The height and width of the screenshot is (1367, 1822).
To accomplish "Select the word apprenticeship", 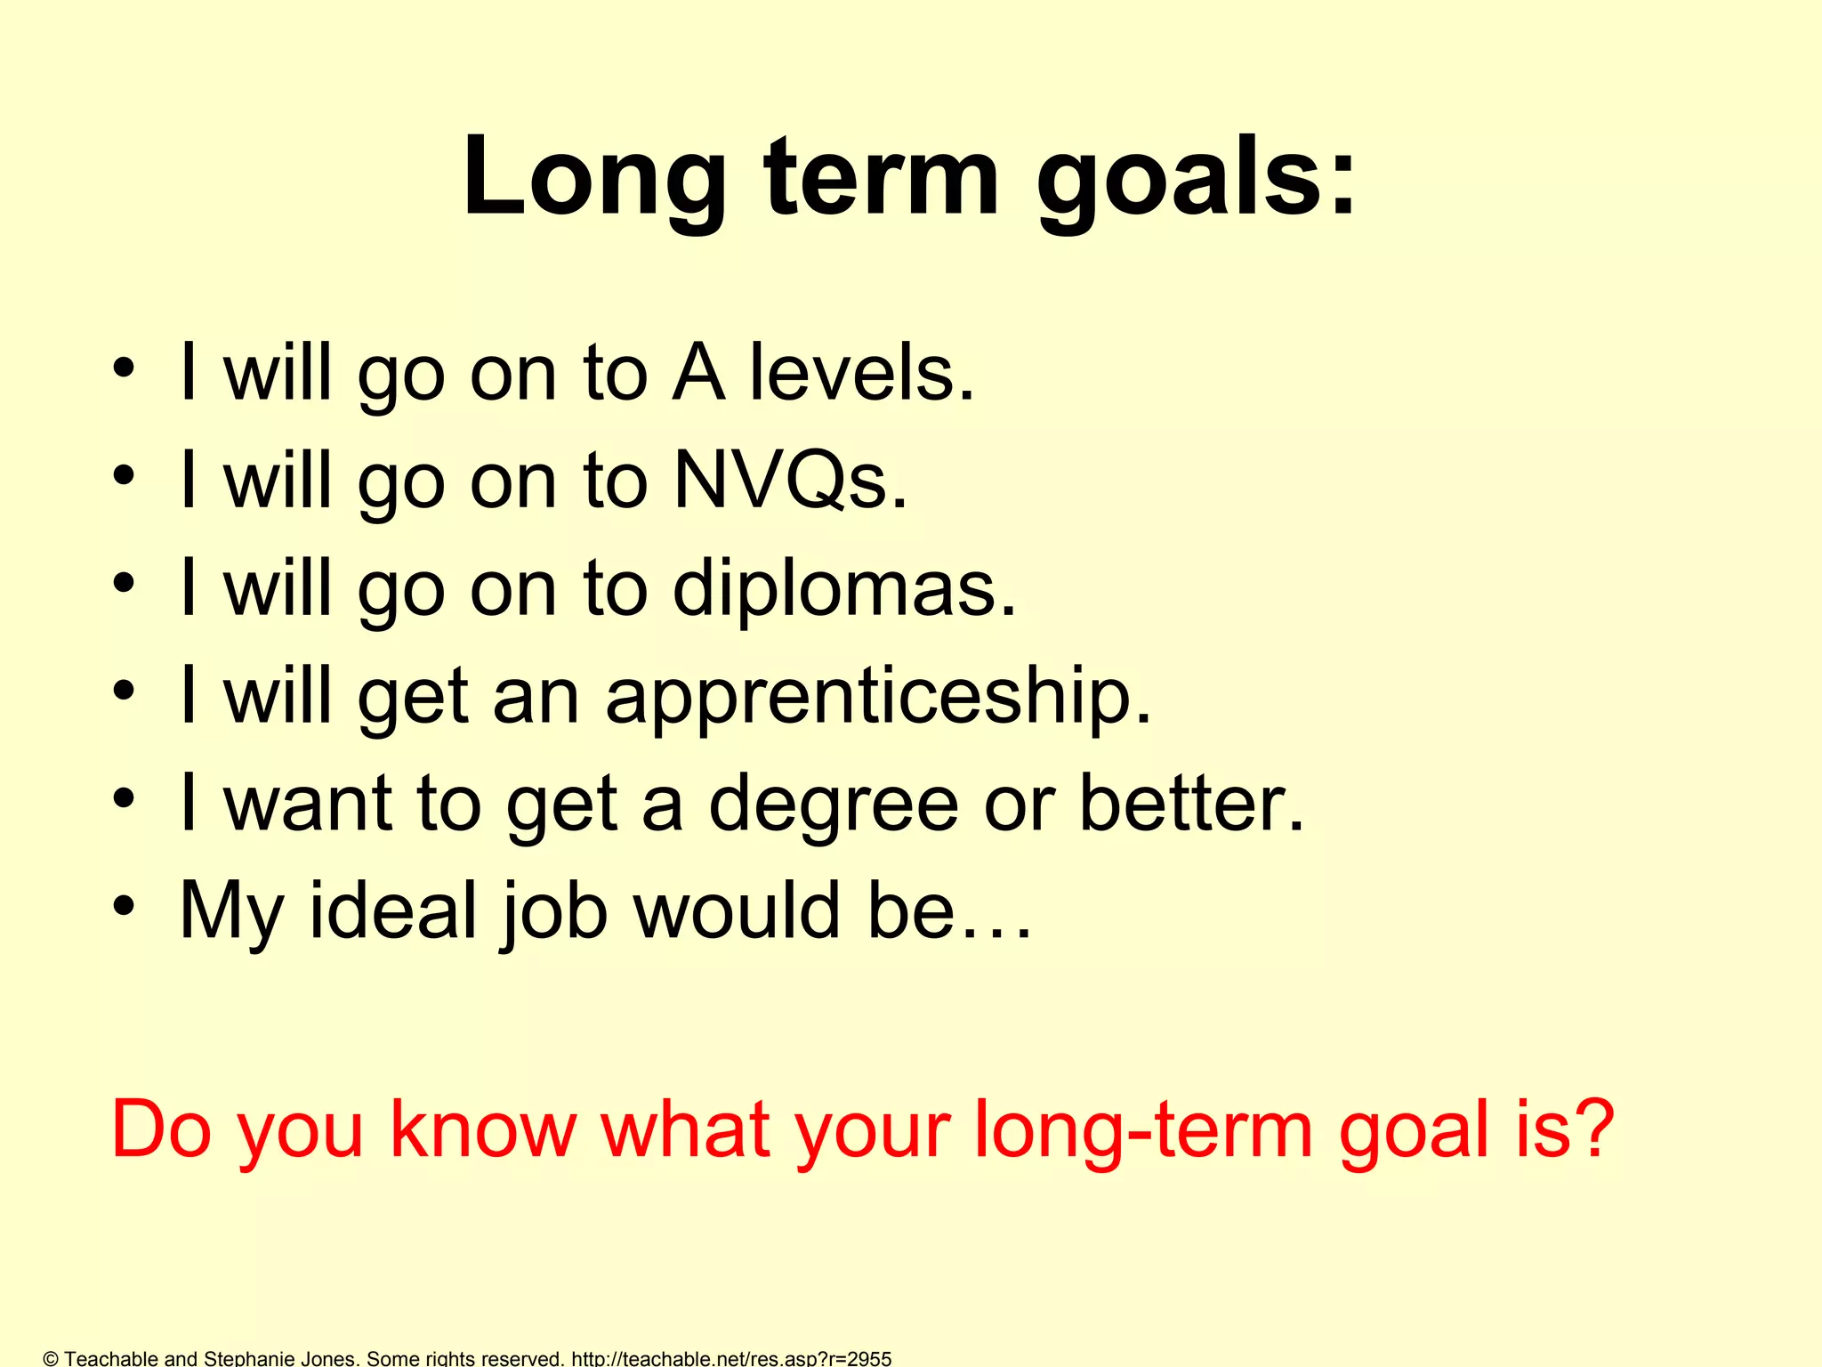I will pyautogui.click(x=878, y=697).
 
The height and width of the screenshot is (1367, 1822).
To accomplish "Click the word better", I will pyautogui.click(x=1191, y=804).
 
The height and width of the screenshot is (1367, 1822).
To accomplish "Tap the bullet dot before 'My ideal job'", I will pyautogui.click(x=124, y=907).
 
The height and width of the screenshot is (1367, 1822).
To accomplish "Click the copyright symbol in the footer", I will pyautogui.click(x=51, y=1358).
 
